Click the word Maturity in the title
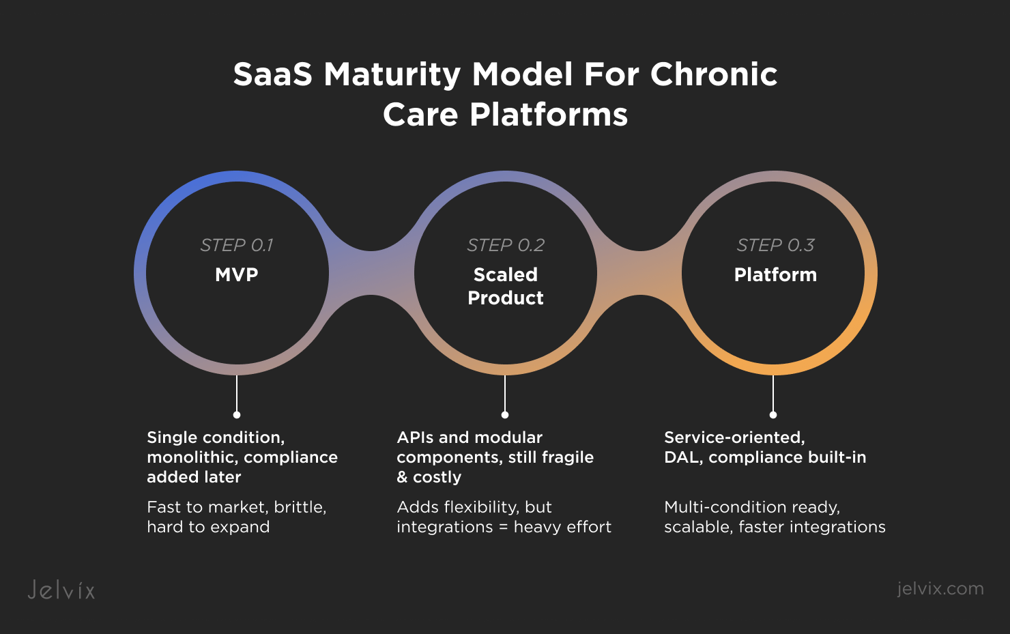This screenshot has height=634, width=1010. coord(392,74)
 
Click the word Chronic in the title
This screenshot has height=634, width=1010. coord(713,74)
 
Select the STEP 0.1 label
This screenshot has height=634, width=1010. coord(237,245)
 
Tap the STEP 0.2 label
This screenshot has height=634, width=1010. coord(506,245)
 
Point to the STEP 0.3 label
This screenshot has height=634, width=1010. coord(775,245)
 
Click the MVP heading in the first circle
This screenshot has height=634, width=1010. coord(237,274)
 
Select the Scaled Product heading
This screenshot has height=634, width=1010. coord(506,286)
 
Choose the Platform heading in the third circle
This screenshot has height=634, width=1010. coord(775,274)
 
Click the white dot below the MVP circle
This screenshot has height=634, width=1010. coord(237,415)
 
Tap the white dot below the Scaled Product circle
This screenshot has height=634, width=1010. coord(505,415)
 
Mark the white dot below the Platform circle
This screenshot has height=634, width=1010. coord(773,415)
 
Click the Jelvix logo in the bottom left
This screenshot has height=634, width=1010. coord(61,590)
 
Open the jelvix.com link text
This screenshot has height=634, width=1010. coord(940,588)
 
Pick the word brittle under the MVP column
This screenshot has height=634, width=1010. coord(300,507)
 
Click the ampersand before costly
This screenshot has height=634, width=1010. coord(402,477)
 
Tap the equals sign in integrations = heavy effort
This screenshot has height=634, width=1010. coord(503,527)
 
